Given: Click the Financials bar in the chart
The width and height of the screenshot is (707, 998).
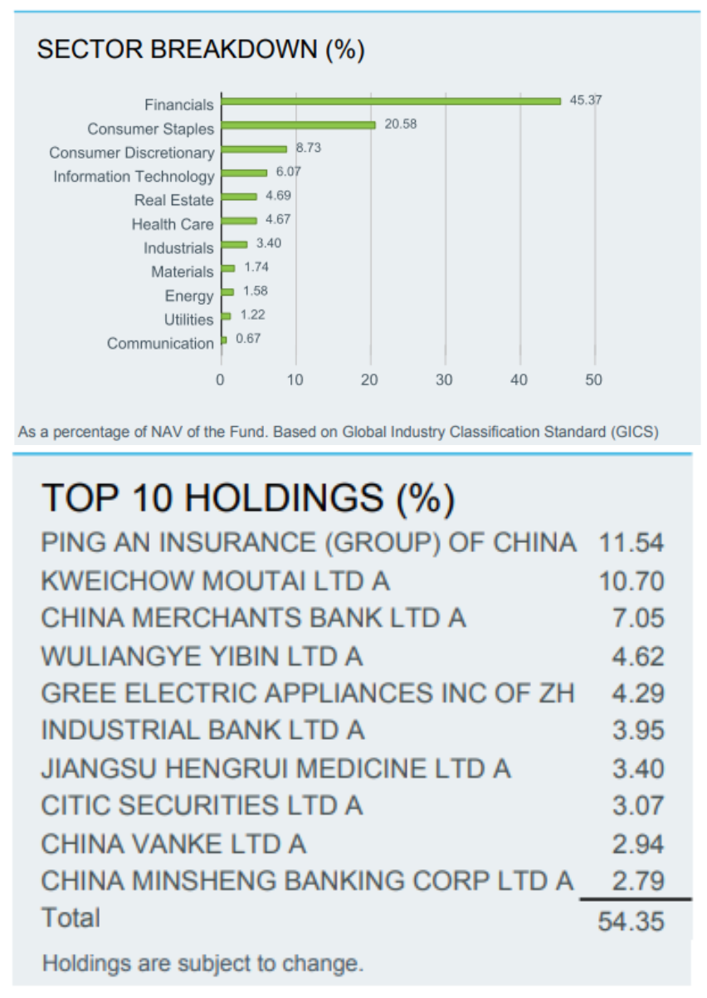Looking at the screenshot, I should pos(391,101).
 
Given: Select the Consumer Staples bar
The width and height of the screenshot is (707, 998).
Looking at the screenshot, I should pos(299,125).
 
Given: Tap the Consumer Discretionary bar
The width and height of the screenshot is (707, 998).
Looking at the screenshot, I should pos(254,149).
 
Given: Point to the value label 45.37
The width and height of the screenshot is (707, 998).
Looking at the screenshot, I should pos(586,100).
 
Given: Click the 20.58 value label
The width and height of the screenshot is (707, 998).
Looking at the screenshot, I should pos(401,125).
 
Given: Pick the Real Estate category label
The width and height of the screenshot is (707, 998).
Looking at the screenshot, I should pos(173,200).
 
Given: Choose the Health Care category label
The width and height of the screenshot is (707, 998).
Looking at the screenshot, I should pos(172,224).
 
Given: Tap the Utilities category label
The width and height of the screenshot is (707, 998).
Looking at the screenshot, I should pos(188,320).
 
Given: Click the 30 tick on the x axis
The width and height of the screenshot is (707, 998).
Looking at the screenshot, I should pos(445,379).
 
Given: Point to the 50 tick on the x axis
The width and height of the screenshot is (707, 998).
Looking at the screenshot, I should pos(594,379).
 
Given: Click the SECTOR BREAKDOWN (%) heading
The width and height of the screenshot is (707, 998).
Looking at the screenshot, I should pos(201,50).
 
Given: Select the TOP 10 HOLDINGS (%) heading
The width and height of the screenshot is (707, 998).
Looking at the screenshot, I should pos(248,498).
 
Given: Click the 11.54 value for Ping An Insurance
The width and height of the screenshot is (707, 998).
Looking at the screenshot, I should pos(631,544).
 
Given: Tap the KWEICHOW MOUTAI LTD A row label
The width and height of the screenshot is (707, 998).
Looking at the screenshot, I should pos(215,580).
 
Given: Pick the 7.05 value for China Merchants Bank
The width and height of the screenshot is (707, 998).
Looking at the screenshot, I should pos(637,619).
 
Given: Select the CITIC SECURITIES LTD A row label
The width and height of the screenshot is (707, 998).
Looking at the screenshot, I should pos(202,805).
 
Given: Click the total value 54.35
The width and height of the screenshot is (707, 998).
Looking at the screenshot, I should pos(631,921).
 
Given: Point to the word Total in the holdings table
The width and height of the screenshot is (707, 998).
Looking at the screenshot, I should pos(71,918).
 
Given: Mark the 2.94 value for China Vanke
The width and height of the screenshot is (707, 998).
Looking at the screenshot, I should pos(637,844).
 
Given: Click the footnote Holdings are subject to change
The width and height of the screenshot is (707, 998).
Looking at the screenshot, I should pos(202,964).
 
